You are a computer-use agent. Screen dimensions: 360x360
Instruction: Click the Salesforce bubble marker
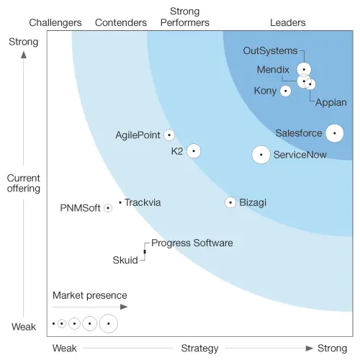[334, 133]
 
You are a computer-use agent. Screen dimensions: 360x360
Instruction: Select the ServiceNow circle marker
[261, 154]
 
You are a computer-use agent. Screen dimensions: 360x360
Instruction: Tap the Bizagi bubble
[230, 203]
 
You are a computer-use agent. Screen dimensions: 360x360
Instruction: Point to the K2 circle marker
[193, 151]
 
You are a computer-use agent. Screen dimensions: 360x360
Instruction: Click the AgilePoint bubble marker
[169, 135]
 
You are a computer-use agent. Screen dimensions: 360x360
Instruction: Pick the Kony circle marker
[286, 91]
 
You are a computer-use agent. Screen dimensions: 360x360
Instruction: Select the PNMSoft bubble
[108, 208]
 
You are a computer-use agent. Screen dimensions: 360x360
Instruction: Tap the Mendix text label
[273, 70]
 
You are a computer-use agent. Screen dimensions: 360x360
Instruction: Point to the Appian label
[332, 102]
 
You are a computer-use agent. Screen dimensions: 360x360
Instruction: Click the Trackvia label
[143, 203]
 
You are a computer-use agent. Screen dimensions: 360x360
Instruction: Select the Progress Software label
[192, 243]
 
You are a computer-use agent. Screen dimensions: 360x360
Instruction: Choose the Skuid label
[125, 260]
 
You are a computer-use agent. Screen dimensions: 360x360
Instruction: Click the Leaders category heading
[287, 22]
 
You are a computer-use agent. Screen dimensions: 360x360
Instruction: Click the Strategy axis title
[199, 348]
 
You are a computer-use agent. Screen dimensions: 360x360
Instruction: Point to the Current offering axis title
[23, 183]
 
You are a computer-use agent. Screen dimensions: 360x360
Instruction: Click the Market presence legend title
[89, 295]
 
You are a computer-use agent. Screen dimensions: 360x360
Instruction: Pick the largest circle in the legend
[109, 324]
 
